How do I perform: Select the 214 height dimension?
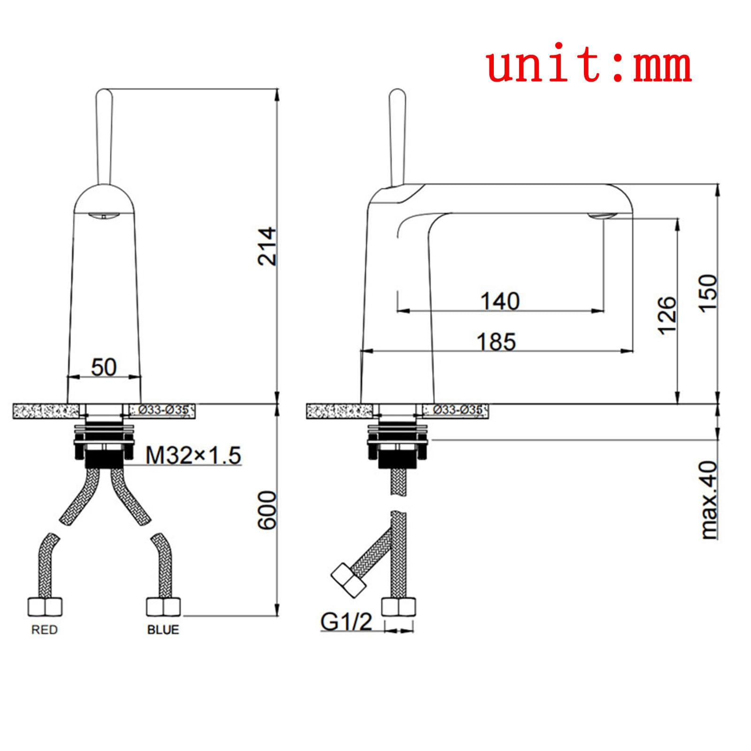click(x=268, y=246)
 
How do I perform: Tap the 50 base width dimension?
click(x=104, y=367)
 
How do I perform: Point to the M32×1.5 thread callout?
click(x=193, y=455)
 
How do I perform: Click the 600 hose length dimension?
click(x=268, y=510)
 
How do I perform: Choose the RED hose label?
click(x=45, y=629)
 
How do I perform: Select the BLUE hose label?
click(x=163, y=629)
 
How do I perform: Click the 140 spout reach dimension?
click(x=500, y=301)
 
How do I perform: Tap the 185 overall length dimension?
click(x=496, y=341)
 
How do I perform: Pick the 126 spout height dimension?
click(x=667, y=315)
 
